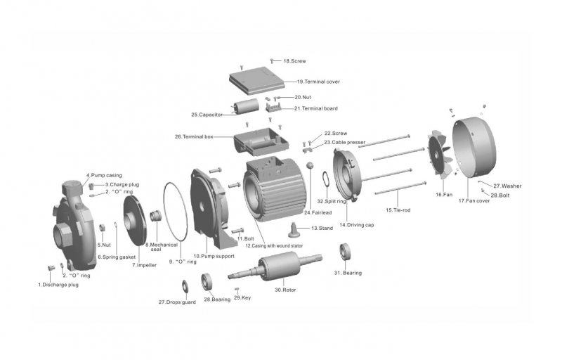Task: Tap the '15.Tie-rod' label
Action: point(398,210)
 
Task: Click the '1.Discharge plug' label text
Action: point(58,285)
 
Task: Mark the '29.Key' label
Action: point(242,297)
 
